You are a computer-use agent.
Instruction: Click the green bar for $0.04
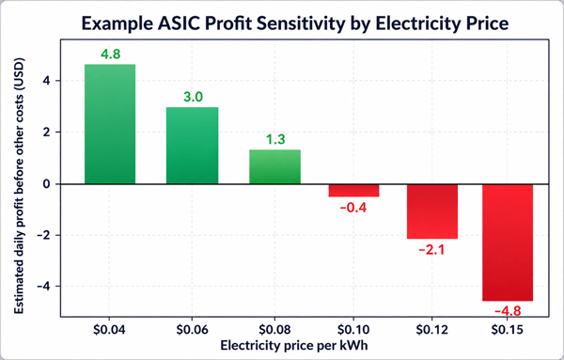110,124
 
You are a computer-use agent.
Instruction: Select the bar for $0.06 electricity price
192,146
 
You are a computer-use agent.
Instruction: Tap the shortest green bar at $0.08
274,166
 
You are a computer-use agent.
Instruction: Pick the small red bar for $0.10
353,191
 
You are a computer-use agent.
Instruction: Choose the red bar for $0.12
432,211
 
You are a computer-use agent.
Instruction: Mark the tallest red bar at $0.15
508,243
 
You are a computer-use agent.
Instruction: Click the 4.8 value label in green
110,55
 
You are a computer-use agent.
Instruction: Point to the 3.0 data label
193,97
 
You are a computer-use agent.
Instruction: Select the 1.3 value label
275,139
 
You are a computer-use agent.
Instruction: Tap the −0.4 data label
353,208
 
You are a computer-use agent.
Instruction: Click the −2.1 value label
431,250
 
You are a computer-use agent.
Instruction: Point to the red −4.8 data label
508,311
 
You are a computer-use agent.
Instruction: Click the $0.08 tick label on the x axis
274,329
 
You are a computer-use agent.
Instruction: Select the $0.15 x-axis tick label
508,329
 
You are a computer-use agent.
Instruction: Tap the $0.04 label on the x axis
109,329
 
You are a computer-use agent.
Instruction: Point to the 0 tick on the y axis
46,184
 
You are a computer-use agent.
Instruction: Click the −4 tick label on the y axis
43,287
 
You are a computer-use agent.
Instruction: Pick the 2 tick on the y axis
46,133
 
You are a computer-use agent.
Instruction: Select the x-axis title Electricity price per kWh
294,346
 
